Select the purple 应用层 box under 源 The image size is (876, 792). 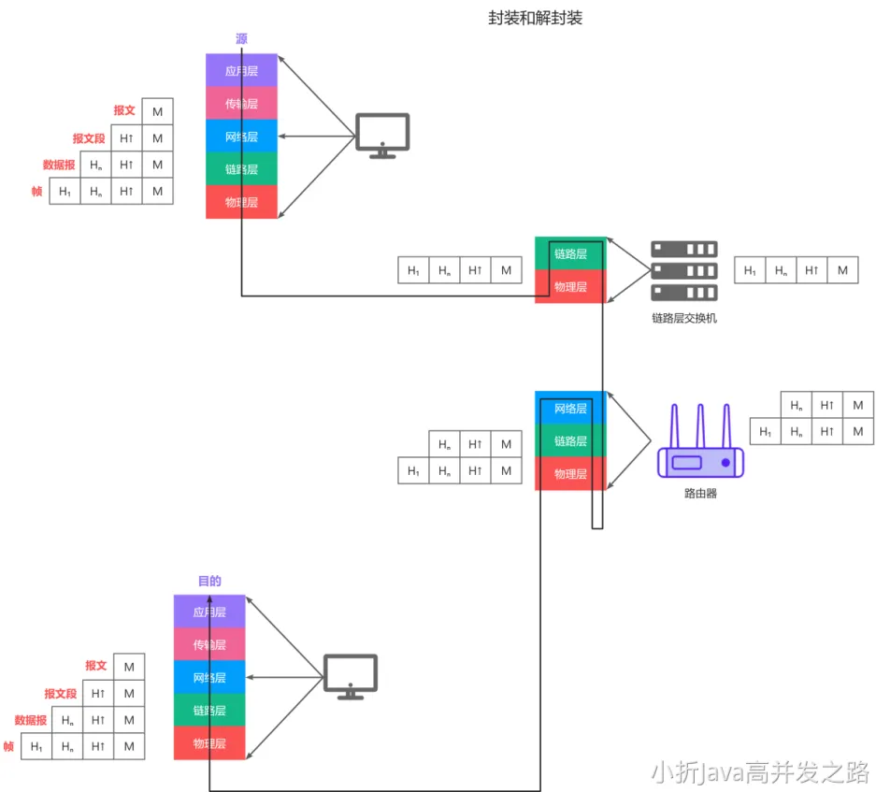pos(241,70)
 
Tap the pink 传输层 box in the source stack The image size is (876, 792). pos(241,103)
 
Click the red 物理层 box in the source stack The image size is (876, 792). pos(241,202)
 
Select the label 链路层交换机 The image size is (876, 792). pos(684,318)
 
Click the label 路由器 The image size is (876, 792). pos(700,493)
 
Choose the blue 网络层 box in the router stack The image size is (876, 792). pos(570,408)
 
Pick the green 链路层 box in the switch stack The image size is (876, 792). pos(570,253)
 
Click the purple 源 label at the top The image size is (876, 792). pos(241,39)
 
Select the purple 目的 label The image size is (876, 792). pos(209,581)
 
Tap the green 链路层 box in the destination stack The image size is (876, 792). pos(209,711)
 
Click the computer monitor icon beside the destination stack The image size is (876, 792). pos(351,676)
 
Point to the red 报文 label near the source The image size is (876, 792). pos(124,110)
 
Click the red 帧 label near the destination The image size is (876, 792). pos(8,746)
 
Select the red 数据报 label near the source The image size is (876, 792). pos(58,165)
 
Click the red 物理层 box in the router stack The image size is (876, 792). pos(570,474)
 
